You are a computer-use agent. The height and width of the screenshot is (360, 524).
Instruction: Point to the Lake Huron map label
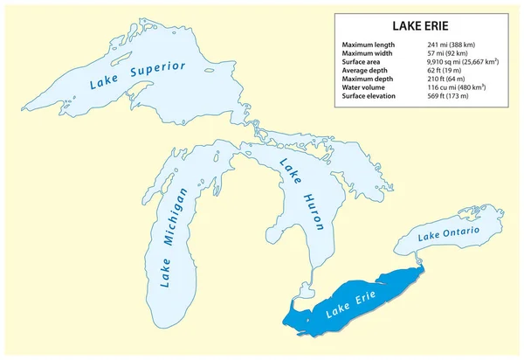[302, 194]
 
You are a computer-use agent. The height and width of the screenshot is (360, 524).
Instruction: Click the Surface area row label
[364, 63]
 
